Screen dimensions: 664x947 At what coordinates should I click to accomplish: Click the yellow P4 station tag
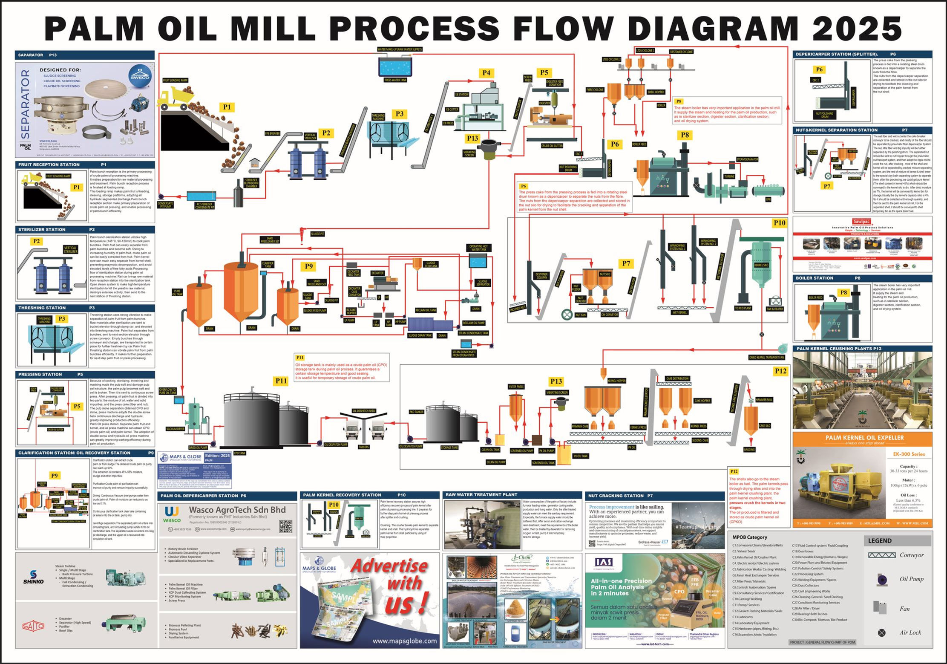pyautogui.click(x=486, y=73)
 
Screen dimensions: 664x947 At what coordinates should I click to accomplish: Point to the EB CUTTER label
pyautogui.click(x=452, y=110)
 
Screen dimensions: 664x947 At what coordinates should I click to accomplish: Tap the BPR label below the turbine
pyautogui.click(x=769, y=199)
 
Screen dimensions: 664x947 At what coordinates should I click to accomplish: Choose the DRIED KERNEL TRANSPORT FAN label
pyautogui.click(x=766, y=357)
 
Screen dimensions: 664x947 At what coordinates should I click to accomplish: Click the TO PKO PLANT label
pyautogui.click(x=743, y=308)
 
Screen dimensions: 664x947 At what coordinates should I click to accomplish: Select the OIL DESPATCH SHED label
pyautogui.click(x=363, y=411)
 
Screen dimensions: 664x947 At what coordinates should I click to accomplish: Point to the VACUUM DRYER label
pyautogui.click(x=175, y=429)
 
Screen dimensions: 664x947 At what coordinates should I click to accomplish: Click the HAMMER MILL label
pyautogui.click(x=764, y=400)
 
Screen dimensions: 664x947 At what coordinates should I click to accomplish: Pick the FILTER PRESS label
pyautogui.click(x=516, y=387)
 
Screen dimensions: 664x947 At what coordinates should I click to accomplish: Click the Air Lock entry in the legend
pyautogui.click(x=910, y=632)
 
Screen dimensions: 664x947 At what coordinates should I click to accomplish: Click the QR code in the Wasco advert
pyautogui.click(x=285, y=526)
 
